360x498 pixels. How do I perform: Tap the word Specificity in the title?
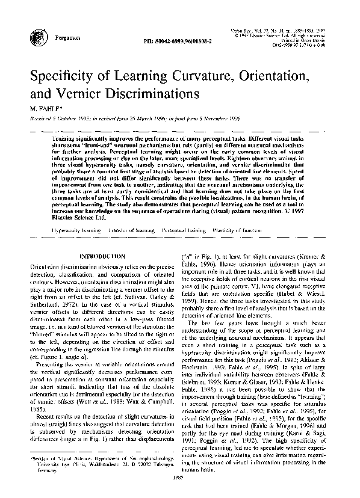[x=64, y=78]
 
